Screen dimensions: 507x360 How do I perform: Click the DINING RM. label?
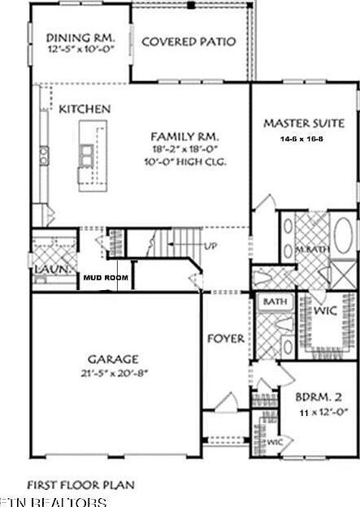(x=80, y=37)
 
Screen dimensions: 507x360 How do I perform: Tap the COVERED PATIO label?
(x=189, y=41)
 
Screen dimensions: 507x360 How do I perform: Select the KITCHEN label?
(x=85, y=109)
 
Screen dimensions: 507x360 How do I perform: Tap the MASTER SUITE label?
(x=304, y=123)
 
